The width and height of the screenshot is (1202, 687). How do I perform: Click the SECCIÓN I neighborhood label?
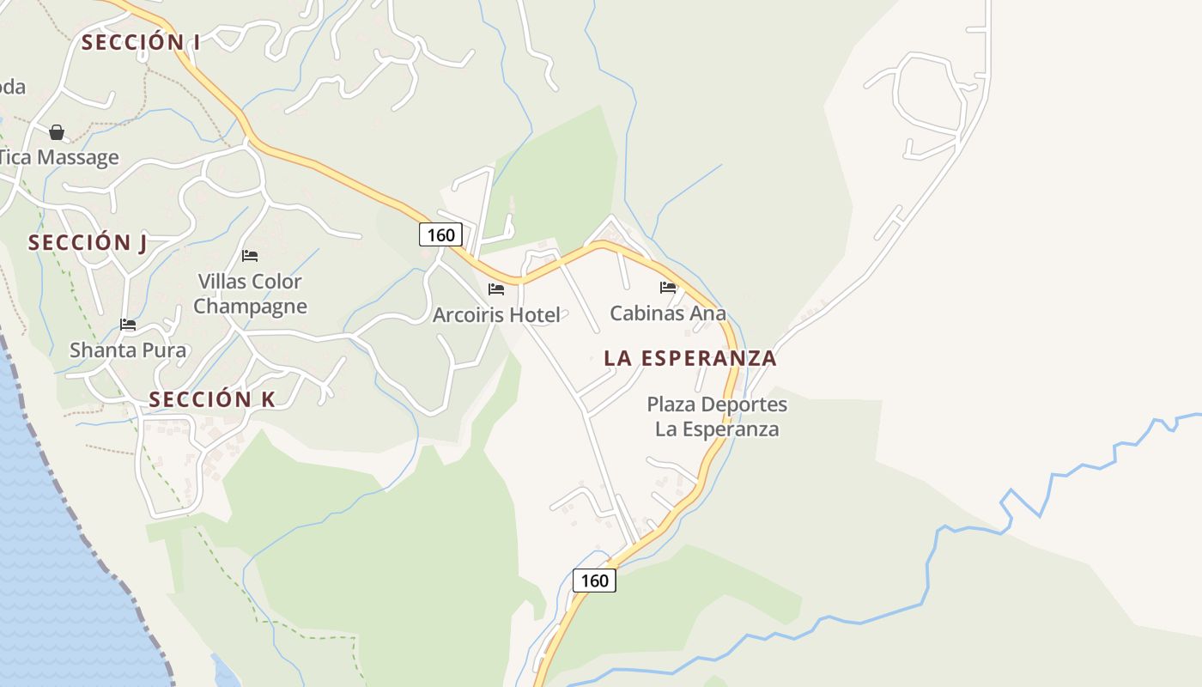141,42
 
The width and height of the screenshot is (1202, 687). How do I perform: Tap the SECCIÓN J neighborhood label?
88,243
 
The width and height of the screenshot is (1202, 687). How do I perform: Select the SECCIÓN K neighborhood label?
212,399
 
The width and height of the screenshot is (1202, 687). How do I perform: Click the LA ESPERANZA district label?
690,358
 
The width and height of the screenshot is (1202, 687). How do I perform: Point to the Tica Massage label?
58,158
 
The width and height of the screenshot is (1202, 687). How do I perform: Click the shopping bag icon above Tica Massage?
57,132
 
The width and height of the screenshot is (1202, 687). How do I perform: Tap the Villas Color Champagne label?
250,294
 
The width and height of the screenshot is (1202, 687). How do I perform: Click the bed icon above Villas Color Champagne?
250,256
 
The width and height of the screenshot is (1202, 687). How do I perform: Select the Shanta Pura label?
128,350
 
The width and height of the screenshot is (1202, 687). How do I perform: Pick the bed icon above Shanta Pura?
128,325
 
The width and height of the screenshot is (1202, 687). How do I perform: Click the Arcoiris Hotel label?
496,315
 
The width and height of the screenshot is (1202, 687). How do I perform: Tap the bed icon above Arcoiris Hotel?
496,289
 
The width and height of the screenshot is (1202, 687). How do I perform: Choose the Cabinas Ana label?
668,313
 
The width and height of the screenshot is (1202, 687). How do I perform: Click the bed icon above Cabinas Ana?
668,288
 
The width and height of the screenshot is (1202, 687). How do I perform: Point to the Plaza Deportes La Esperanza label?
717,416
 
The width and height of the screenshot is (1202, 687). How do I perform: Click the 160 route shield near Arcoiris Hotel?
440,234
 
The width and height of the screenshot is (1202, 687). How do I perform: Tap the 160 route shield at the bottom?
594,581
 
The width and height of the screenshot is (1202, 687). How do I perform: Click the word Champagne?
250,307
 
